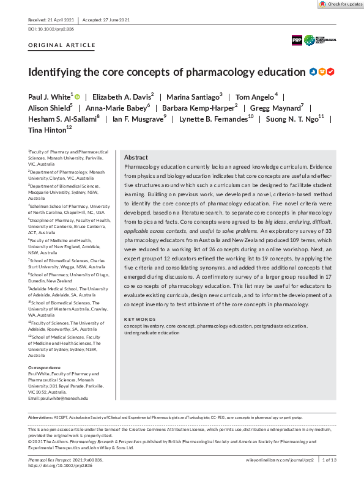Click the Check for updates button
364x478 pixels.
pyautogui.click(x=341, y=4)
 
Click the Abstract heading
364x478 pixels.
pyautogui.click(x=136, y=157)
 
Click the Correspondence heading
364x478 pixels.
pyautogui.click(x=45, y=367)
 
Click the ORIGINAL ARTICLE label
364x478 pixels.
pyautogui.click(x=62, y=45)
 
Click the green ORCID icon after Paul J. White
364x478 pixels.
pyautogui.click(x=78, y=96)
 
